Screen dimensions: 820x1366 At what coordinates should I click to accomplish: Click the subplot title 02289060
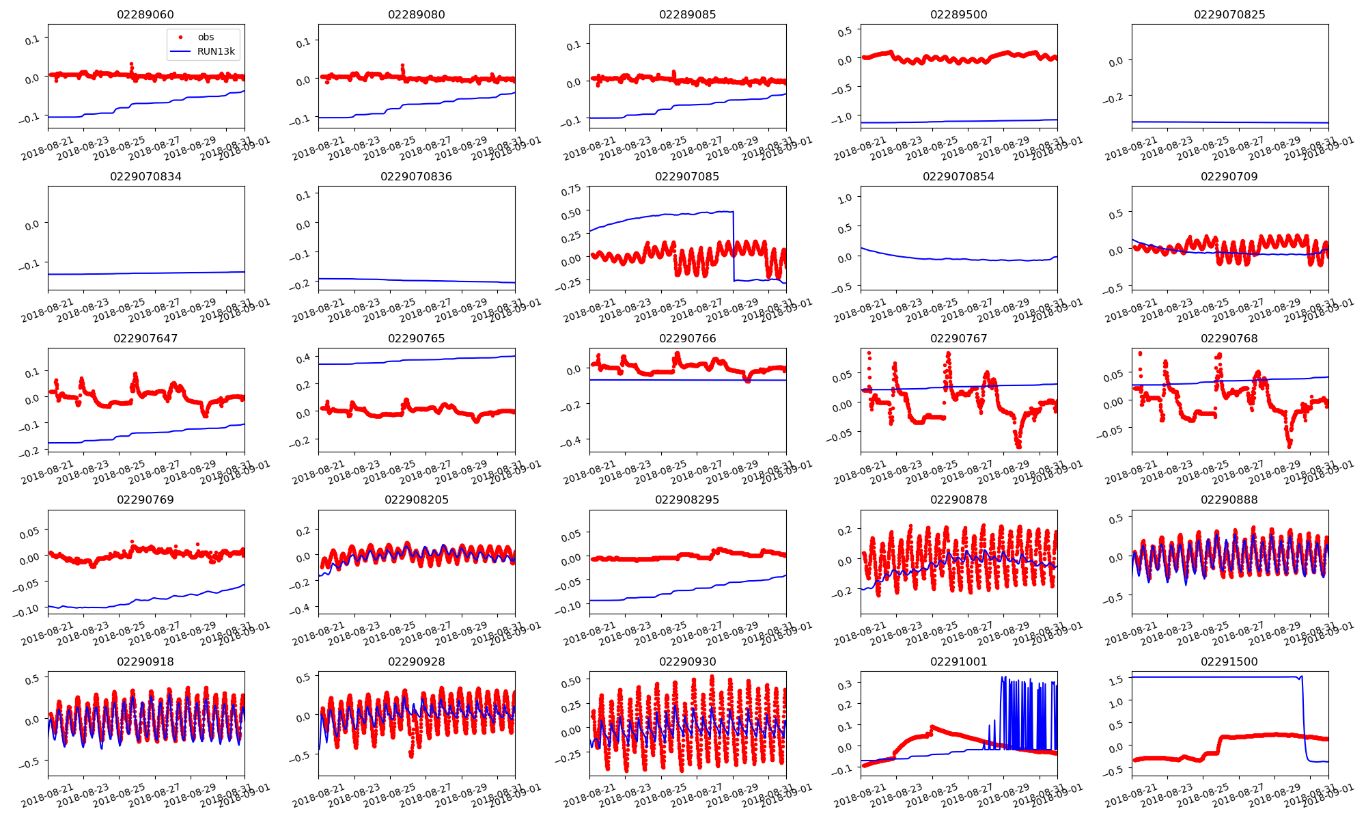point(145,14)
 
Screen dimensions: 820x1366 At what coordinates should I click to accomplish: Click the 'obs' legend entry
point(206,38)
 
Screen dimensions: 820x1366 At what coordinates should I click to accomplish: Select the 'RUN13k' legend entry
point(216,51)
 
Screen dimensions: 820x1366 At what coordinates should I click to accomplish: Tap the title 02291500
point(1229,661)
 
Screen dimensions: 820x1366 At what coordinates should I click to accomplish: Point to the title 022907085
point(687,176)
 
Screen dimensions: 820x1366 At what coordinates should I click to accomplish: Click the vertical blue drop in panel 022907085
point(734,246)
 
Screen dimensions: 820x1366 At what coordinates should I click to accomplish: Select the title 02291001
point(958,661)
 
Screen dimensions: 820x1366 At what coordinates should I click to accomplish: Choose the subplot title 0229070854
point(958,176)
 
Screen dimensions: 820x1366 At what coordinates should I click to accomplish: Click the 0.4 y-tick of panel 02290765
point(303,357)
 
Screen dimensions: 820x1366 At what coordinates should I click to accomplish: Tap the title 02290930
point(687,661)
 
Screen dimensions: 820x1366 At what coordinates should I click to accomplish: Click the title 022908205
point(416,500)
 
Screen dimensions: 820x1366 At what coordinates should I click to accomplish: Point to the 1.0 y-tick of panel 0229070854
point(845,198)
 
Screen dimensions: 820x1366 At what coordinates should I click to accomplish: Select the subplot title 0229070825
point(1229,14)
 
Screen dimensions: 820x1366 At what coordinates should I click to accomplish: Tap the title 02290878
point(958,500)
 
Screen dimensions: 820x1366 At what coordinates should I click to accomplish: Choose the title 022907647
point(145,338)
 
